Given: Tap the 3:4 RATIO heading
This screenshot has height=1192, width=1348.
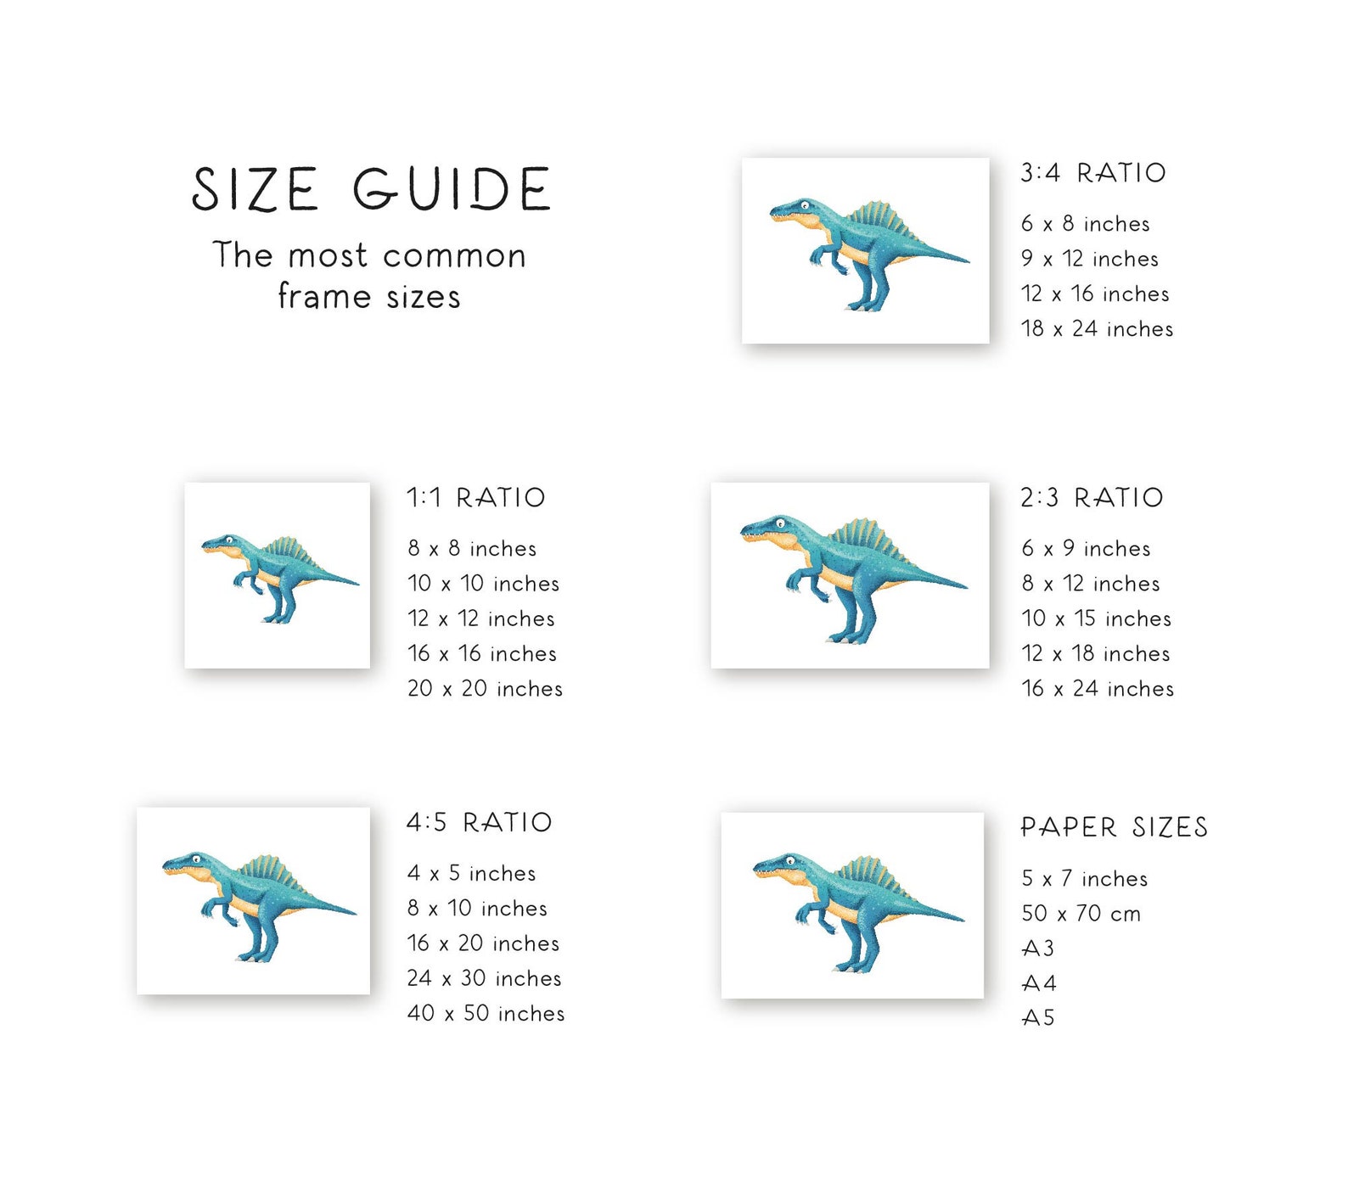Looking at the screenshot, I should click(x=1092, y=173).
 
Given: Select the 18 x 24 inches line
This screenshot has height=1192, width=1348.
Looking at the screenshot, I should click(x=1096, y=329).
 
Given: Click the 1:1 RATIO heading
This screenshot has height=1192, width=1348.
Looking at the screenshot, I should click(x=475, y=498).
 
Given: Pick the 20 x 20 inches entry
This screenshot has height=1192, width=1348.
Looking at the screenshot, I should click(x=485, y=689).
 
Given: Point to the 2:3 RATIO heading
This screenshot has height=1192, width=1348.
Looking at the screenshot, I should click(x=1092, y=498).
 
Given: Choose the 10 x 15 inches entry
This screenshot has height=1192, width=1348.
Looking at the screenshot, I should click(x=1096, y=618).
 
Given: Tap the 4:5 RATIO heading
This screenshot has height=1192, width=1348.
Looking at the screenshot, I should click(x=479, y=822).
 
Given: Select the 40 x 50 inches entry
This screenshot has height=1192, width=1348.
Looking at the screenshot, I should click(x=486, y=1014).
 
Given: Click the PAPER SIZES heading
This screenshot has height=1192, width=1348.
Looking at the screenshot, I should click(x=1114, y=827).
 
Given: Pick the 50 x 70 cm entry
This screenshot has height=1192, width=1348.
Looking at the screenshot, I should click(x=1081, y=914).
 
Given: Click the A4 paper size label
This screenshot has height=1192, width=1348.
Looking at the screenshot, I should click(x=1038, y=983).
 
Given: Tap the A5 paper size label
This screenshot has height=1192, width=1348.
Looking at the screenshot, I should click(x=1037, y=1018).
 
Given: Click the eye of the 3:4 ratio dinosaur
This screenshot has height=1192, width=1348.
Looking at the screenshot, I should click(x=805, y=205).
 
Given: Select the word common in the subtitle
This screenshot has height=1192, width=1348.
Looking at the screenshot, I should click(x=454, y=256).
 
